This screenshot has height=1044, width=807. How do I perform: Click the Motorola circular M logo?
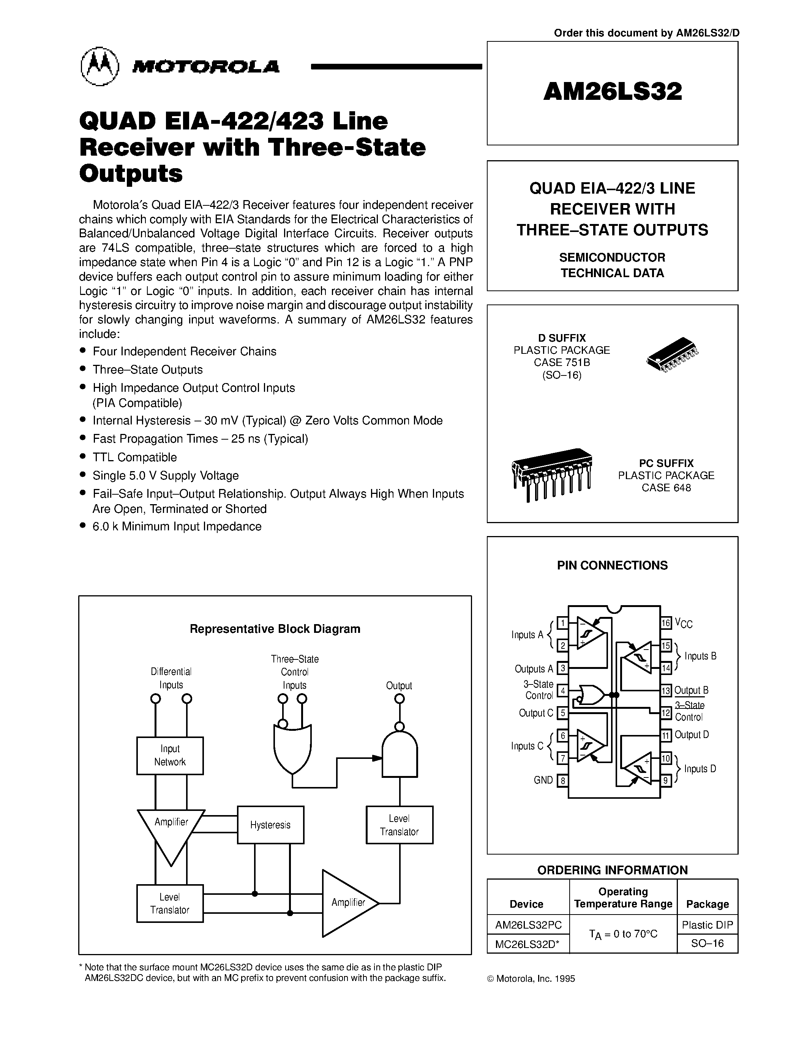(99, 66)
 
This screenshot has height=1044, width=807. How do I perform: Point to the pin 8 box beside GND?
(563, 781)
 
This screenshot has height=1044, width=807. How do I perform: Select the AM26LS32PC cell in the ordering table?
(528, 924)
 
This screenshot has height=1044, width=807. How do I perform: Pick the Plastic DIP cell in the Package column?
(707, 924)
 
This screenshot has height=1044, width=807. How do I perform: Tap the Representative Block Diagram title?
(275, 629)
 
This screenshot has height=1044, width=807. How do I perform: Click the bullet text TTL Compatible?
(134, 457)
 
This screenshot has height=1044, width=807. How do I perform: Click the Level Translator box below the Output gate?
(399, 825)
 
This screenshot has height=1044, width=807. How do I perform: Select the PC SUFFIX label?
(666, 463)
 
